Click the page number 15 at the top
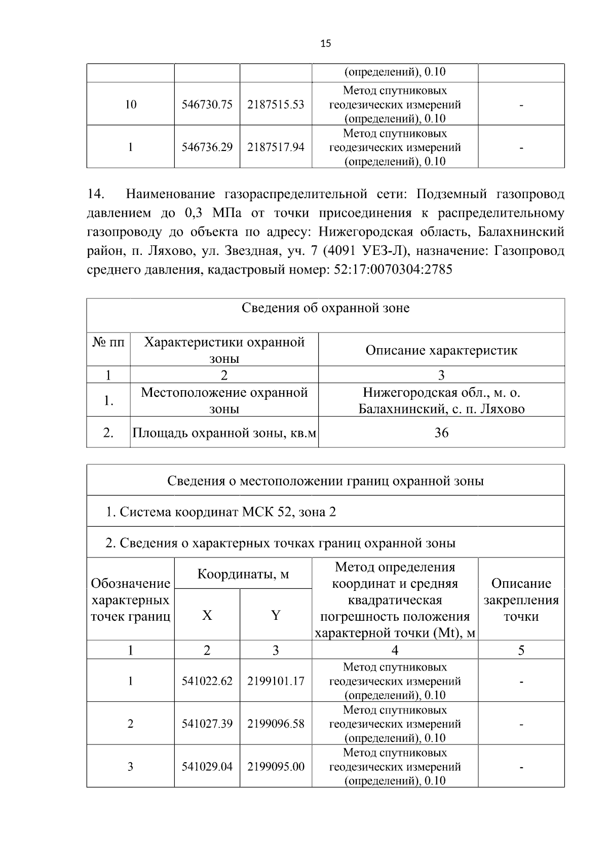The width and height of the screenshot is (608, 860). click(325, 44)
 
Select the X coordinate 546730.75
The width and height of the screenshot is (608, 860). click(207, 104)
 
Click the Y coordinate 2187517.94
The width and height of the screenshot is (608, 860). click(276, 147)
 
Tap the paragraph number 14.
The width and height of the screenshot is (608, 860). click(96, 194)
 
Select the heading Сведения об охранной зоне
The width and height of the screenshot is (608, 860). click(325, 308)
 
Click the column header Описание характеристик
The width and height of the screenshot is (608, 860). click(441, 350)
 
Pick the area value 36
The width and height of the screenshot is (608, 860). click(441, 432)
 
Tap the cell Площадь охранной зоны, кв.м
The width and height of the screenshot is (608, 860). click(224, 433)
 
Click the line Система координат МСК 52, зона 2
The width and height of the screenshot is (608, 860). click(220, 512)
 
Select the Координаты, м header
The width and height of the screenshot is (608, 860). click(243, 574)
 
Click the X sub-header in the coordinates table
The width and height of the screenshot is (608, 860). click(207, 615)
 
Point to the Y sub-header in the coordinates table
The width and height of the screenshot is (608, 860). click(276, 615)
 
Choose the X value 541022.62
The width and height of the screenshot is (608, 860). click(207, 681)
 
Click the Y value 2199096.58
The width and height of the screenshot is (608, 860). click(276, 724)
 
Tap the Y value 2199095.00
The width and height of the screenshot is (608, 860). click(276, 767)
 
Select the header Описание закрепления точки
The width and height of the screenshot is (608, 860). click(521, 600)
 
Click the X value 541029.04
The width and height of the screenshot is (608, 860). click(207, 767)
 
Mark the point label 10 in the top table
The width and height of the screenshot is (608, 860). click(130, 104)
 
